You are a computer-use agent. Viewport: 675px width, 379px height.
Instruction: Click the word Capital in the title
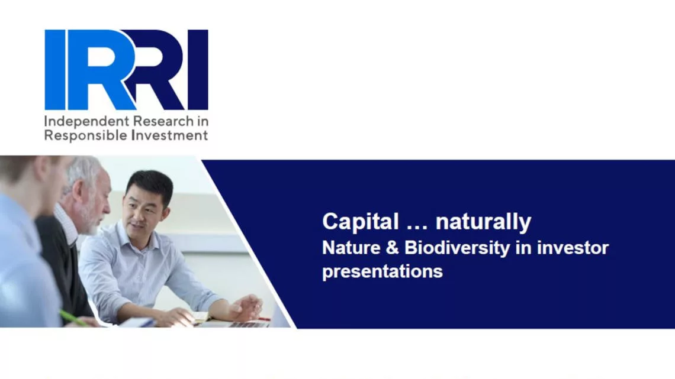tap(361, 222)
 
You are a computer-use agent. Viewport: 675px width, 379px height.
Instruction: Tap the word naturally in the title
tap(483, 222)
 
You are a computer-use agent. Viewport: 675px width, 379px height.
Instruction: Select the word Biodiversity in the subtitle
tap(457, 248)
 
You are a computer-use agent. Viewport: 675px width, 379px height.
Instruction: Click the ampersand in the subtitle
tap(392, 248)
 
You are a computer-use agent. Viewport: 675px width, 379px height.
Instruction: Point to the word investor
tap(573, 248)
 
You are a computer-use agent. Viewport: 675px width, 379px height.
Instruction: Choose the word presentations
tap(382, 271)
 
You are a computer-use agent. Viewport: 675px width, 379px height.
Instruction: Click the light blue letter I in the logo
tap(55, 70)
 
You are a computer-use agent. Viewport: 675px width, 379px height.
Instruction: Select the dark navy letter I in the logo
tap(198, 70)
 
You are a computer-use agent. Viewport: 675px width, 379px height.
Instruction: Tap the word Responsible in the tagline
tap(85, 136)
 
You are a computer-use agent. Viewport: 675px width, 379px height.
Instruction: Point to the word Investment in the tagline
tap(169, 135)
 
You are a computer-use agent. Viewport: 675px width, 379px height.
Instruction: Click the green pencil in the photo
tap(73, 318)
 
